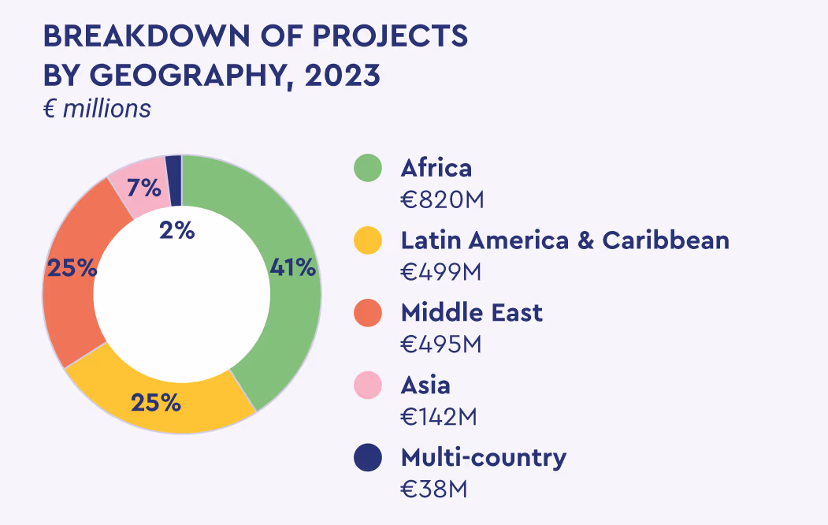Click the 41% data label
293,267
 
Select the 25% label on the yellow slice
156,403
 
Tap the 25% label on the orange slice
72,268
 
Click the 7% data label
144,188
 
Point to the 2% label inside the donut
176,230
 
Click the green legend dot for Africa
368,168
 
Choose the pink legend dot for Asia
368,385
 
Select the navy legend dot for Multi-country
368,457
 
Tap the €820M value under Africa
441,200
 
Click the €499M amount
441,272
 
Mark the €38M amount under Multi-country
434,489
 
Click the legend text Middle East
471,312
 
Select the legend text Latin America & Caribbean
565,240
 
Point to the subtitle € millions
97,109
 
